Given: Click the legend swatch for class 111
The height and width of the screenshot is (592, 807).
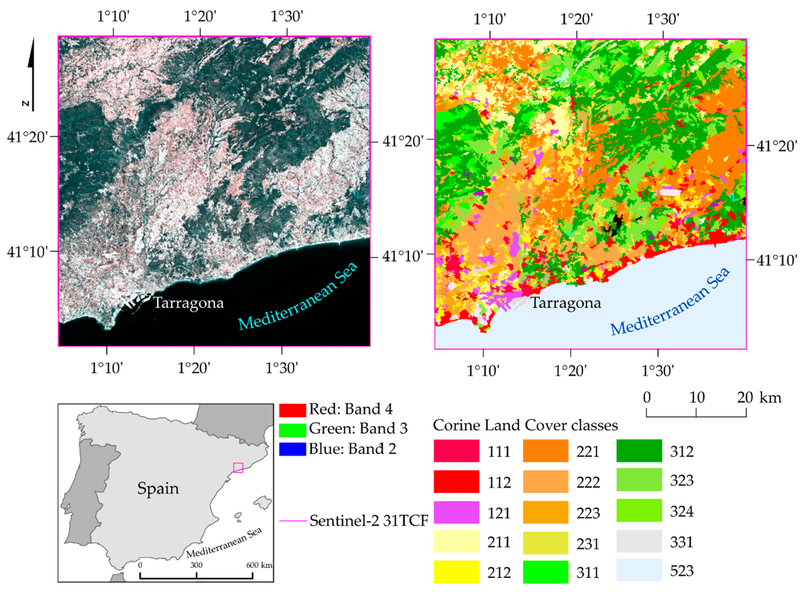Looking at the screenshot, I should point(456,451).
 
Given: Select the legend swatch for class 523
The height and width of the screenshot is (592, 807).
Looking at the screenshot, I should point(639,570).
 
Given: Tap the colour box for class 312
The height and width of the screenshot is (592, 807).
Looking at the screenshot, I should point(639,451).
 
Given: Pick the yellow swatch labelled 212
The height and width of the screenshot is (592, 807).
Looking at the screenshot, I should point(456,572).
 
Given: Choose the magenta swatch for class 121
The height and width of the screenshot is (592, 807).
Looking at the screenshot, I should point(456,513).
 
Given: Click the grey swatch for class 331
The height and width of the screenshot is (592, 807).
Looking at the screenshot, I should point(639,541).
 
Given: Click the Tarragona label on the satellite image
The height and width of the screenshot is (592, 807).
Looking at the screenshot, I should point(189,303).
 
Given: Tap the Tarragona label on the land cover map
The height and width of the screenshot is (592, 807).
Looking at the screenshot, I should point(566,303).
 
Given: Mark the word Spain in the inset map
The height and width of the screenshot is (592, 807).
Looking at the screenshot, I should point(158,488).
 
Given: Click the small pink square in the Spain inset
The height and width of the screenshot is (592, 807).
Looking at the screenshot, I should point(238,468).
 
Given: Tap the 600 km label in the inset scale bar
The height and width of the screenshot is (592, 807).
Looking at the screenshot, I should point(259,565).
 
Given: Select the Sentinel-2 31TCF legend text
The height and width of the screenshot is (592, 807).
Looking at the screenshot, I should point(369,521).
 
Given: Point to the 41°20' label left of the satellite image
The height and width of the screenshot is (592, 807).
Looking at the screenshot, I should point(28,137).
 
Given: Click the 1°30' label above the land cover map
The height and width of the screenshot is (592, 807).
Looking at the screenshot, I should point(663,19).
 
